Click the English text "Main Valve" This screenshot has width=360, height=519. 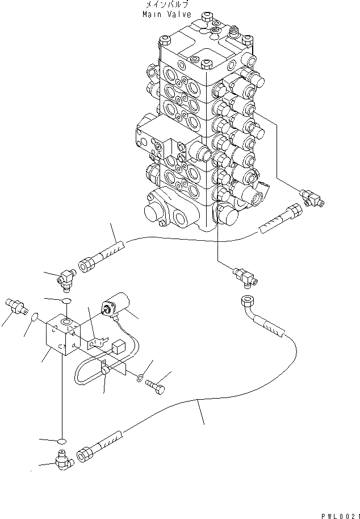(167, 14)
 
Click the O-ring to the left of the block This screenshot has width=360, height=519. (35, 316)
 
